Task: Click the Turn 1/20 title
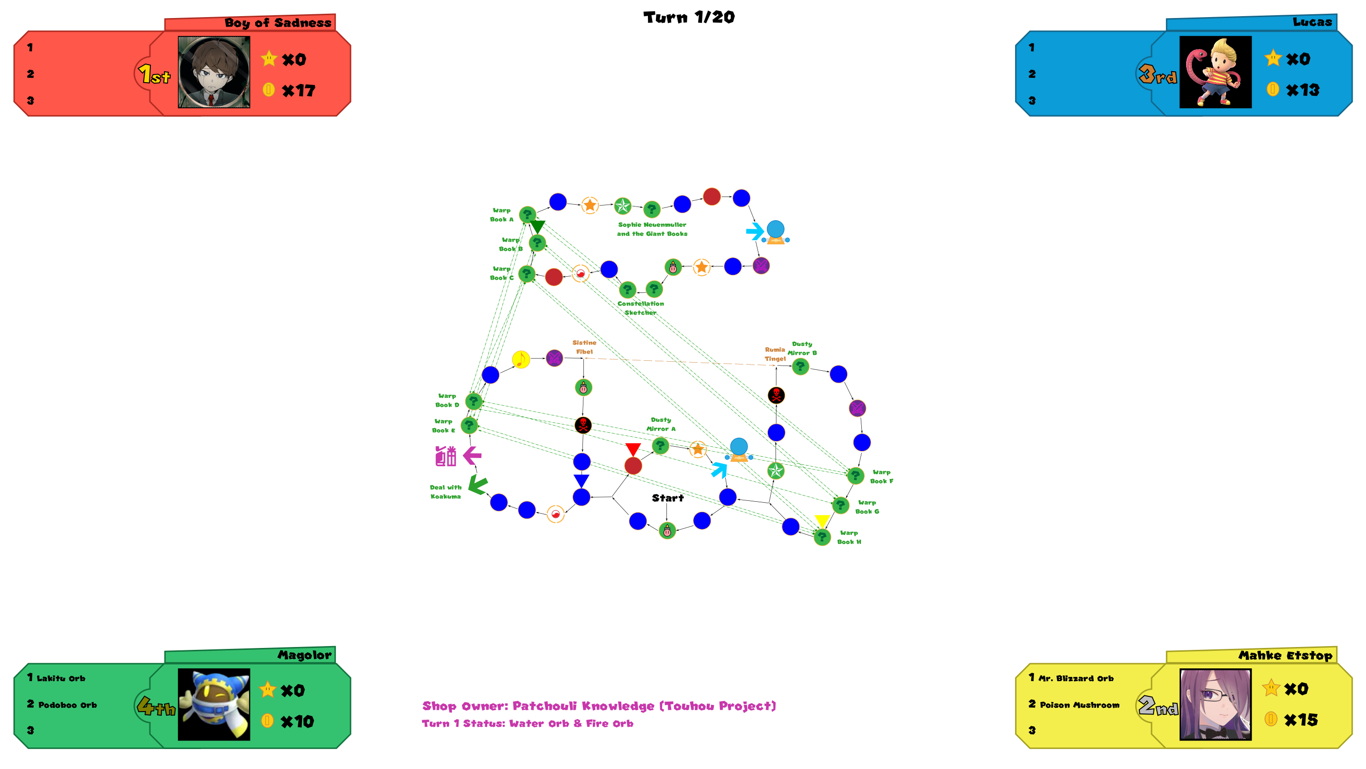click(689, 17)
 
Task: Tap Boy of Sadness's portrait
click(214, 72)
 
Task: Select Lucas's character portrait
click(1215, 72)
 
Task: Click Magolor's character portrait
click(214, 704)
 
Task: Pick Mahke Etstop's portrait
click(1215, 704)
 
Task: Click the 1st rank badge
click(154, 75)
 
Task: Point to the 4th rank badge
click(156, 706)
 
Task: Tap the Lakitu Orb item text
click(60, 678)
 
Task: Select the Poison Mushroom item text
click(1079, 705)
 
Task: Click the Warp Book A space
click(527, 215)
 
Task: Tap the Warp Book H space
click(822, 537)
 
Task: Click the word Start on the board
click(668, 498)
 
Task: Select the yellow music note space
click(521, 359)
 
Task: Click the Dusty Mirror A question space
click(660, 446)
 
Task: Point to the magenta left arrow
click(472, 455)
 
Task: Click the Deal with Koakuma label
click(445, 492)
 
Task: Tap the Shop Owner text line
click(599, 706)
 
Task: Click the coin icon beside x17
click(269, 90)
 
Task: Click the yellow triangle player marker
click(822, 521)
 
